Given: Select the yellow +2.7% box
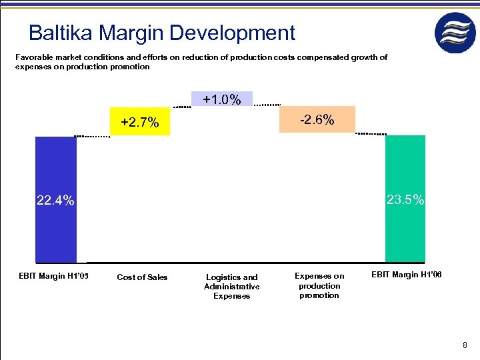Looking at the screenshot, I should tap(140, 122).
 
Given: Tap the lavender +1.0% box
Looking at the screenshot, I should tap(222, 99).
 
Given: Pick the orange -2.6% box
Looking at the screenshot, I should tap(317, 119).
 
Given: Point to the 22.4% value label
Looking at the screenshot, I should tap(55, 201).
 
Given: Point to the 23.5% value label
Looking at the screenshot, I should tap(405, 199).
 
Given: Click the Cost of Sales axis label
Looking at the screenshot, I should tap(142, 277).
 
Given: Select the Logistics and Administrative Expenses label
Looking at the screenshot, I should tap(231, 287).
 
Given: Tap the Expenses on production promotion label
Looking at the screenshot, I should tap(319, 285).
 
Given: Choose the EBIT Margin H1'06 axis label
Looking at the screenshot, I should tap(406, 275).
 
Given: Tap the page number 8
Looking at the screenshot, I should tap(465, 345).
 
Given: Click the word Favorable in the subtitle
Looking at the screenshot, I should tap(33, 57).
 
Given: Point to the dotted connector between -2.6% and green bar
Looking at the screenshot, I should tap(371, 134).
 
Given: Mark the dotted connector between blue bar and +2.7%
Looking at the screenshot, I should tap(93, 136).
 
